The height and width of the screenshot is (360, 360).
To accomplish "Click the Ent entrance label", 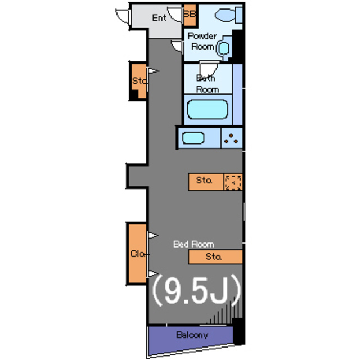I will (160, 18).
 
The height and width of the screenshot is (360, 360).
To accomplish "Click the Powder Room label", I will (202, 41).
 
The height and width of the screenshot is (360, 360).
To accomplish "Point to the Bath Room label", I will (206, 84).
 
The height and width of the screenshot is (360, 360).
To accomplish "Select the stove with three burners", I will (231, 138).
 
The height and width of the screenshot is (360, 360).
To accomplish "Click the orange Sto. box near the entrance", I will (138, 81).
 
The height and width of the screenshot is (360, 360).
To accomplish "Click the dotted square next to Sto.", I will (233, 182).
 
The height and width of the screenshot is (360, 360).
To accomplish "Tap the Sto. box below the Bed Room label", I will (214, 257).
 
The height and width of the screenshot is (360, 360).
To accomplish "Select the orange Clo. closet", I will (137, 254).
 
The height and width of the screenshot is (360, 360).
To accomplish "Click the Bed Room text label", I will (193, 244).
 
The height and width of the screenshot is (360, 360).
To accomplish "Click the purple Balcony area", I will (191, 336).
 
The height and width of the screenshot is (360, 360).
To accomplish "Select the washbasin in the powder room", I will (225, 48).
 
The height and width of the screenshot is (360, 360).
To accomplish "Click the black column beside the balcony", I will (239, 332).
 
